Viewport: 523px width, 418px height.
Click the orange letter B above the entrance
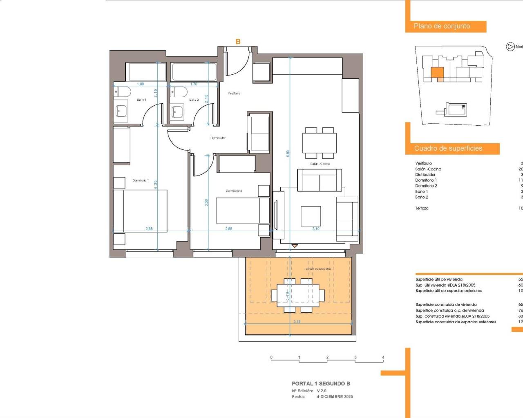point(238,42)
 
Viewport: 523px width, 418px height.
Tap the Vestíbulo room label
point(234,93)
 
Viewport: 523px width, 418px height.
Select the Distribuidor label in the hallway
point(218,138)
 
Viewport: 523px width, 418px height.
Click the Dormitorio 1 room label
point(141,180)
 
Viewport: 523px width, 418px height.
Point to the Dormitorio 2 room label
point(234,191)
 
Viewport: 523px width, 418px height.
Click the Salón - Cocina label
point(320,164)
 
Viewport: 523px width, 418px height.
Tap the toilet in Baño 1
point(122,91)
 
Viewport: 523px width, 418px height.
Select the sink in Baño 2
point(177,111)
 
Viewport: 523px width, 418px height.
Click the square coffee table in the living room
point(311,216)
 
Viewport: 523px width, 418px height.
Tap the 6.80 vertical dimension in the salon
point(288,153)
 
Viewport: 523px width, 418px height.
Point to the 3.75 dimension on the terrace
point(297,322)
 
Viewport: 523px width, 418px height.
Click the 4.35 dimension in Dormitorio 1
point(156,184)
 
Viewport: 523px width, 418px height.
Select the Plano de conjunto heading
point(442,26)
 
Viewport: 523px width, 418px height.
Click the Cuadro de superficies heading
point(448,149)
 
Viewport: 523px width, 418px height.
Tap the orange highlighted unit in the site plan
point(437,73)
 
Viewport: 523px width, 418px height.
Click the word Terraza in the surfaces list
point(422,208)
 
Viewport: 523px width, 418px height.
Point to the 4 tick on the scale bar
point(383,358)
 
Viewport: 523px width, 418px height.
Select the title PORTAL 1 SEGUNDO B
point(321,384)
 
